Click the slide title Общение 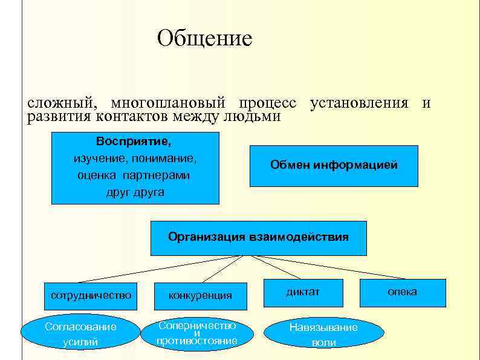[x=204, y=39]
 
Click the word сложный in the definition [x=59, y=103]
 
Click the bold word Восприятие [x=134, y=142]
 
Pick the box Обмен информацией [x=334, y=165]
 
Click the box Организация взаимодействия [x=258, y=237]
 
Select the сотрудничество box [x=91, y=295]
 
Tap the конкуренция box [x=200, y=296]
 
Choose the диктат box [x=303, y=292]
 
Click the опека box [x=403, y=292]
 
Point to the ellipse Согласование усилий [x=80, y=335]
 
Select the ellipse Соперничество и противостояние [x=196, y=333]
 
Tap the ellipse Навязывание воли [x=323, y=335]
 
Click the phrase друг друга [x=135, y=192]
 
